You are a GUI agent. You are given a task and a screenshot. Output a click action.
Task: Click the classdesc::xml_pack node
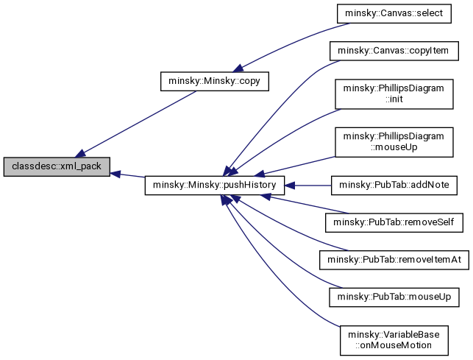point(57,167)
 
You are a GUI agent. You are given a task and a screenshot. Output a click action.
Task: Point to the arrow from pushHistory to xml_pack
point(128,175)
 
